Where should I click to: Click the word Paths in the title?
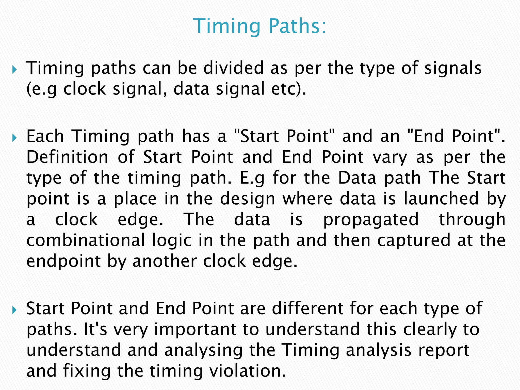[297, 26]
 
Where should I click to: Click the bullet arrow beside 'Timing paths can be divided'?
[14, 69]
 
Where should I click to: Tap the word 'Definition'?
[67, 157]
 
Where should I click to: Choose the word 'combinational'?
[86, 240]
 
